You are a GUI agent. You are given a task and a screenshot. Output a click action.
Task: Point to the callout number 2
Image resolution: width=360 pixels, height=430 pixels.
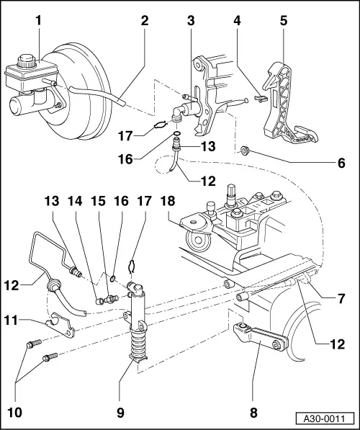pyautogui.click(x=144, y=21)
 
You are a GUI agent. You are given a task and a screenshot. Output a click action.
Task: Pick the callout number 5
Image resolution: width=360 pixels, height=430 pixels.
pyautogui.click(x=284, y=21)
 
